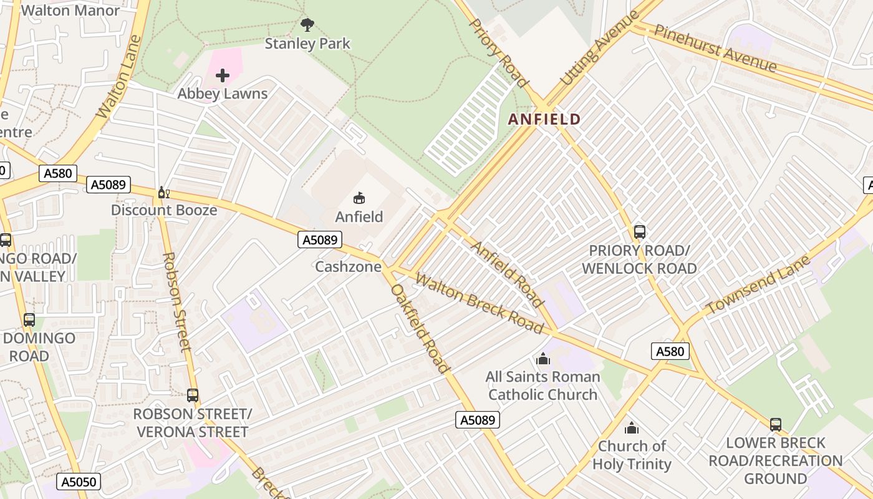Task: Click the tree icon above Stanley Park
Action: point(307,25)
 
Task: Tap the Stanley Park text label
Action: point(307,44)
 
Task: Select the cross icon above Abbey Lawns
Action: point(223,76)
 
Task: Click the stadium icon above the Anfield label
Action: point(359,198)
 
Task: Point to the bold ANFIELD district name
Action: point(544,119)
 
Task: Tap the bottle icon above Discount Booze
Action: point(164,192)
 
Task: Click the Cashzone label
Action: point(348,267)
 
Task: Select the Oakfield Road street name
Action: point(420,328)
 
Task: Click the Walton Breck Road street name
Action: point(479,303)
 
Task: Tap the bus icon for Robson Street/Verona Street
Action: point(193,395)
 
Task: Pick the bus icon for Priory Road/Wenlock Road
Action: point(639,232)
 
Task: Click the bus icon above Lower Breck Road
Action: point(775,424)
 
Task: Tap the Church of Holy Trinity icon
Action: point(632,428)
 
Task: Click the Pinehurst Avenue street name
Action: point(716,49)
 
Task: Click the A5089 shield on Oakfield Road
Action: point(478,420)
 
